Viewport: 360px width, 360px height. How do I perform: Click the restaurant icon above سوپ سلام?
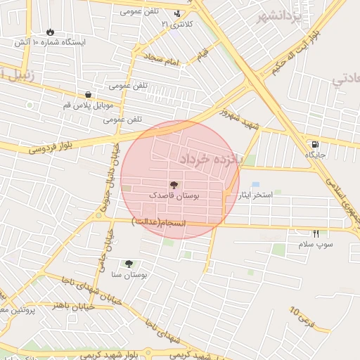pyautogui.click(x=316, y=233)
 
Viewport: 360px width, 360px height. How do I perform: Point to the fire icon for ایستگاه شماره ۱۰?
pyautogui.click(x=50, y=32)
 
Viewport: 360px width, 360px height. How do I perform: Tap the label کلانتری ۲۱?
pyautogui.click(x=176, y=25)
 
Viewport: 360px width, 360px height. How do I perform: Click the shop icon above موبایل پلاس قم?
pyautogui.click(x=88, y=94)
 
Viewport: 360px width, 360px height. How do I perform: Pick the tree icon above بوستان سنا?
pyautogui.click(x=128, y=264)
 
